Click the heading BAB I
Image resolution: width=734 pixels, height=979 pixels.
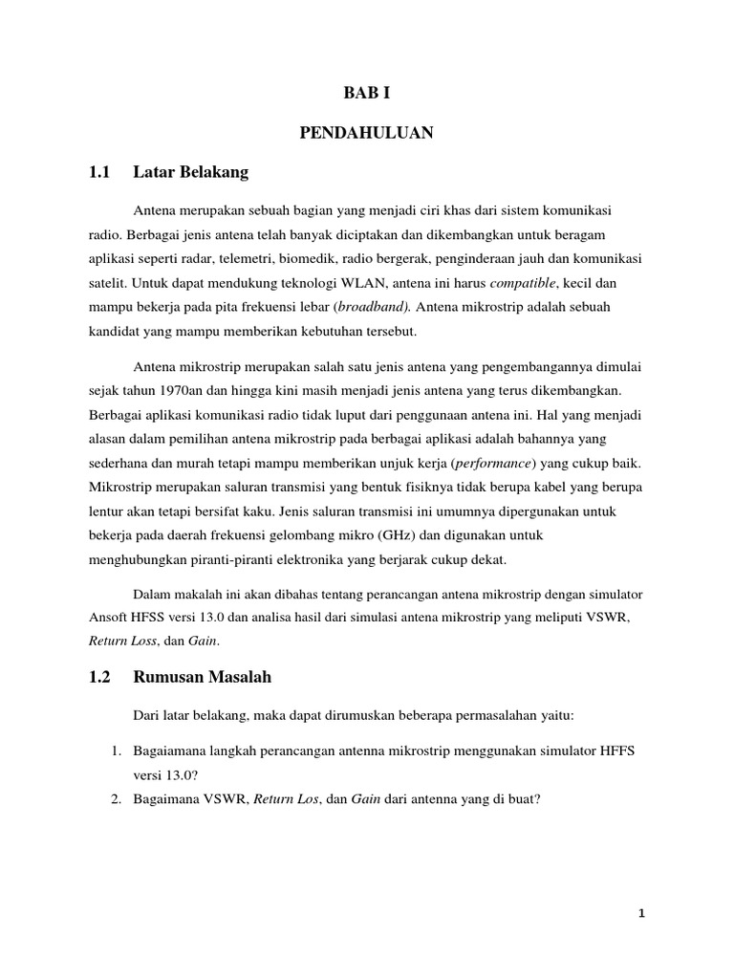click(367, 94)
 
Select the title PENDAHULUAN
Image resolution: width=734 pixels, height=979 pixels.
click(367, 134)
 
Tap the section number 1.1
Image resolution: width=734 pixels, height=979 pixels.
click(99, 173)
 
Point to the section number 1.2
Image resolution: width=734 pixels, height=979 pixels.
click(99, 677)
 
